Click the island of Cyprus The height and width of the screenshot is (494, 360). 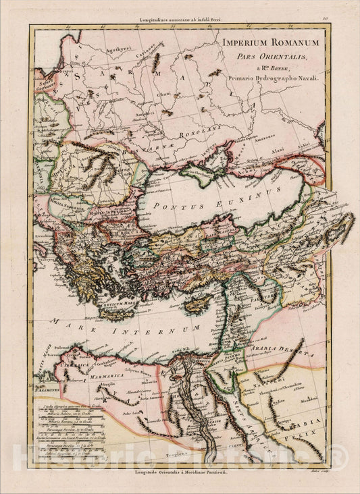[197, 306]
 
